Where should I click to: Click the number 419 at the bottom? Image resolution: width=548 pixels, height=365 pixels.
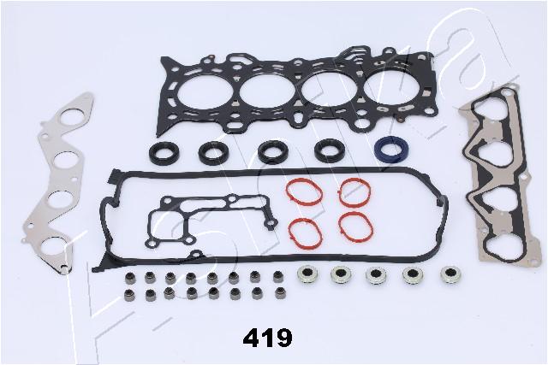[x=268, y=338]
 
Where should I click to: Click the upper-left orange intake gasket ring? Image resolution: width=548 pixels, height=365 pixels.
[x=304, y=192]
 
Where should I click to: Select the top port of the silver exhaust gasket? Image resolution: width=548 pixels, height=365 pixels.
[x=72, y=117]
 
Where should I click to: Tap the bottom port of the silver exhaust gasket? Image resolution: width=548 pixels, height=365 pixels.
[x=52, y=247]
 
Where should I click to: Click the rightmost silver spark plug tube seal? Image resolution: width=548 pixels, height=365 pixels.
[x=450, y=274]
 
